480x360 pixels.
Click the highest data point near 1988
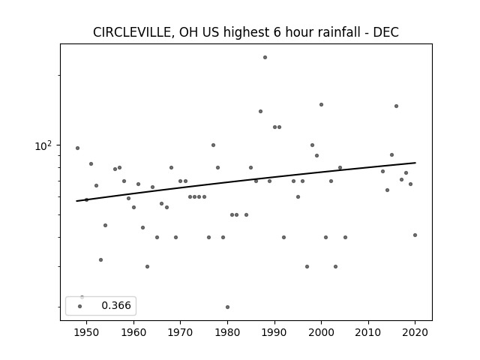coord(265,57)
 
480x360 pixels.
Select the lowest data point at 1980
coord(227,307)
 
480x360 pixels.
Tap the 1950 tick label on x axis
coord(87,332)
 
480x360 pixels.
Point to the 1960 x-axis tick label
coord(133,332)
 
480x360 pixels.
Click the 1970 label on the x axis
coord(180,332)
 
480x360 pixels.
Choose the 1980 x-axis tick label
coord(227,332)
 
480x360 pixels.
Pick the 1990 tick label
coord(274,332)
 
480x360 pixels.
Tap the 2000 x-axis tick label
coord(321,332)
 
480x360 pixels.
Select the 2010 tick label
coord(368,332)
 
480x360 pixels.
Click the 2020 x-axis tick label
coord(415,332)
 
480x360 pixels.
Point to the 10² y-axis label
coord(43,145)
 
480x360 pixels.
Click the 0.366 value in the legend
coord(116,305)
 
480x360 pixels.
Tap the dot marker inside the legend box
coord(80,306)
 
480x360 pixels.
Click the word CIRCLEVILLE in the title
coord(132,32)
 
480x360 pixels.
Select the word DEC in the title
coord(385,32)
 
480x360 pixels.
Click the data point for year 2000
coord(321,105)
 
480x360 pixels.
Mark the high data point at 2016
coord(397,106)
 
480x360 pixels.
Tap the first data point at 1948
coord(77,148)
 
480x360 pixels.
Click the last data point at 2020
coord(415,235)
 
